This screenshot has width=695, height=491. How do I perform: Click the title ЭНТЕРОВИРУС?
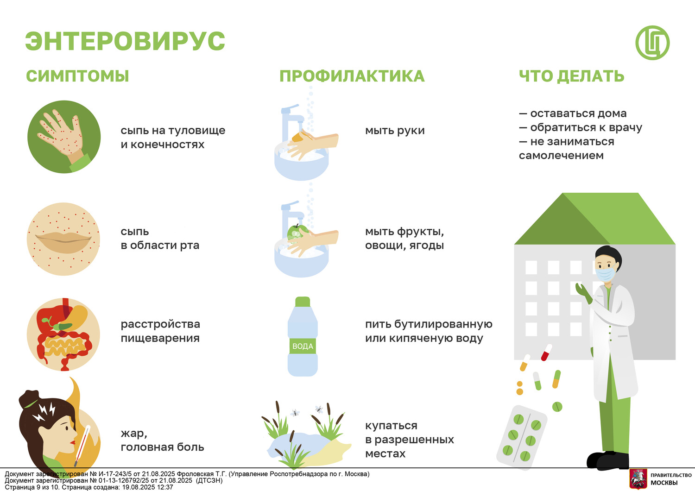[x=125, y=41]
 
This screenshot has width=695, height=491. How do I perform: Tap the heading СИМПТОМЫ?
[x=77, y=76]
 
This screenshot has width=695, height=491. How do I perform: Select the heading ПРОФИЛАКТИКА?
[x=352, y=76]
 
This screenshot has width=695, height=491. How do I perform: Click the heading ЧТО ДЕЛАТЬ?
[x=571, y=76]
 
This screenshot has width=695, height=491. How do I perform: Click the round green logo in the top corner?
[x=652, y=43]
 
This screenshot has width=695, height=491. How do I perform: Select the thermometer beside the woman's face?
[x=82, y=446]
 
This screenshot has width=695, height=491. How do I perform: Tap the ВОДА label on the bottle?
[x=303, y=346]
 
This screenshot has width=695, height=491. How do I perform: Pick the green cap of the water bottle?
[x=303, y=302]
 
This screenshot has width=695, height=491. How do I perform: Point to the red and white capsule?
[x=546, y=353]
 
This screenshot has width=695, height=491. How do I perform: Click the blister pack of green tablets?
[x=521, y=438]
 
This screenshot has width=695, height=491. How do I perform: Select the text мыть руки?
[x=395, y=131]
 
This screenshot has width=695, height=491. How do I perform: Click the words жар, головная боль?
[x=162, y=440]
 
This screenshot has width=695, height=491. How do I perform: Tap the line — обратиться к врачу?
[x=581, y=127]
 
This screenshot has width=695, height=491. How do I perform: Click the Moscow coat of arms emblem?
[x=638, y=478]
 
